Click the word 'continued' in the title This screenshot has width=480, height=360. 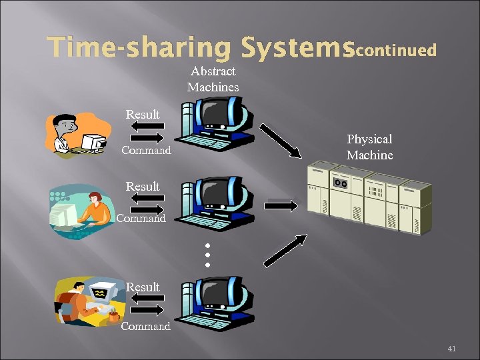pos(397,50)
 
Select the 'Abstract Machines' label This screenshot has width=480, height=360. pos(213,79)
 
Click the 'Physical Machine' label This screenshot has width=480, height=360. pos(369,147)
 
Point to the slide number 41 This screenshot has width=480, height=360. pos(451,349)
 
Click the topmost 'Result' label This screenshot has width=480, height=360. pos(143,115)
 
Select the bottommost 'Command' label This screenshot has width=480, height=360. pos(146,326)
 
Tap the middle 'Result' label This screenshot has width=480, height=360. pos(143,187)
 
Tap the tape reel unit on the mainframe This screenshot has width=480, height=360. pos(341,182)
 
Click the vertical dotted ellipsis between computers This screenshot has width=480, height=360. pos(207,255)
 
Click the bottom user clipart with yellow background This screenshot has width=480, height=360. pos(87,304)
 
